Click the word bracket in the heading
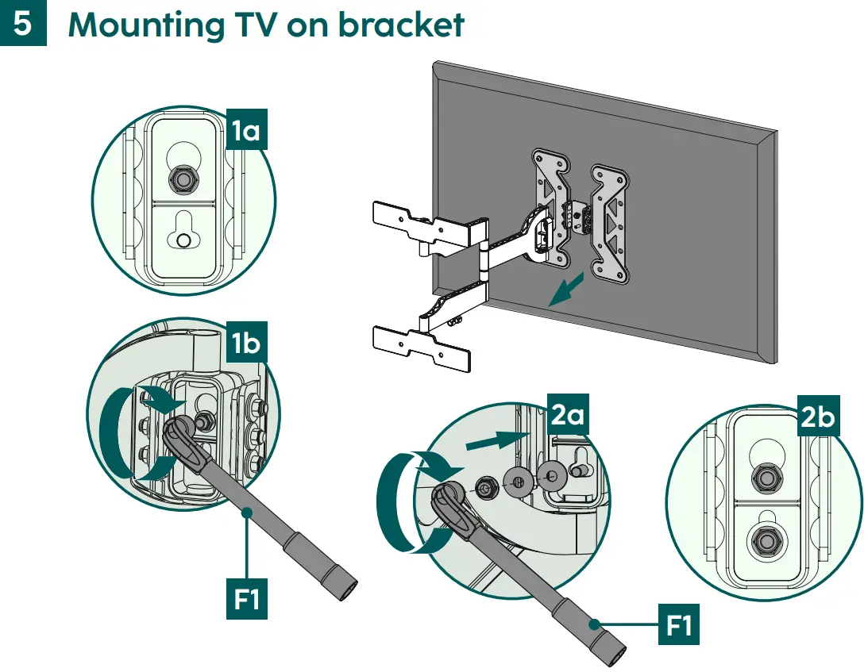(x=401, y=25)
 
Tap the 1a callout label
(x=245, y=129)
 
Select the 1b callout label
(x=245, y=344)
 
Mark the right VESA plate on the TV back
(x=610, y=222)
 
